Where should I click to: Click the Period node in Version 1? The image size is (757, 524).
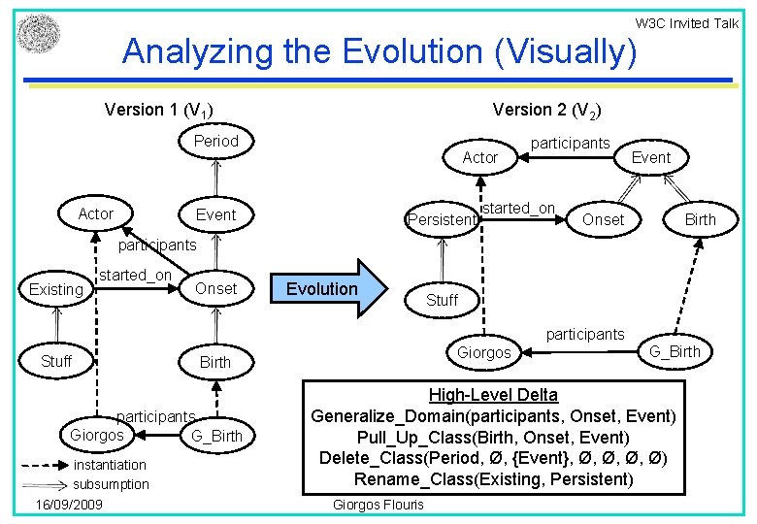coord(215,142)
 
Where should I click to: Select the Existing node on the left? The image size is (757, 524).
coord(56,289)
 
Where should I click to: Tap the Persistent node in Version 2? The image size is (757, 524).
coord(442,219)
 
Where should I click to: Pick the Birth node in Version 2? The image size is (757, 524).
coord(700,219)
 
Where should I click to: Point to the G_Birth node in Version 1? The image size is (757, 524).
coord(216,436)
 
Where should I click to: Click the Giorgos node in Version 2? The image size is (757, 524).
coord(484,352)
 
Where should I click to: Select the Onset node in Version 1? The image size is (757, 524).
coord(215,288)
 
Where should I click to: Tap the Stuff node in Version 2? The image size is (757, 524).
coord(442,300)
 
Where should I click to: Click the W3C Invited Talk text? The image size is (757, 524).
coord(686,23)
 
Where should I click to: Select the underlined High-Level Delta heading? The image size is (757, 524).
coord(493,395)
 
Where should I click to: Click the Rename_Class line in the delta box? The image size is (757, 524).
coord(493,478)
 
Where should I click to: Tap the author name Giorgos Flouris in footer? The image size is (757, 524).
coord(378,505)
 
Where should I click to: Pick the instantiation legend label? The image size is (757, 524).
coord(111,465)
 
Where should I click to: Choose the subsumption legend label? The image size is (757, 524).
coord(111,484)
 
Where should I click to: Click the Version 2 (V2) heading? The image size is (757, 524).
coord(552,110)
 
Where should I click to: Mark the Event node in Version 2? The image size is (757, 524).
coord(650,157)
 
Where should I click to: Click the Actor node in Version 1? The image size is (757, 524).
coord(95,213)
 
